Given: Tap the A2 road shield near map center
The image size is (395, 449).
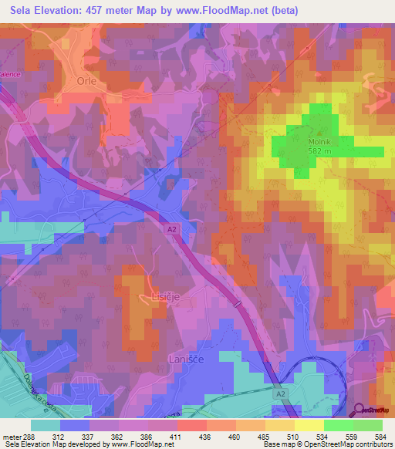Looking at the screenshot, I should [171, 228].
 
